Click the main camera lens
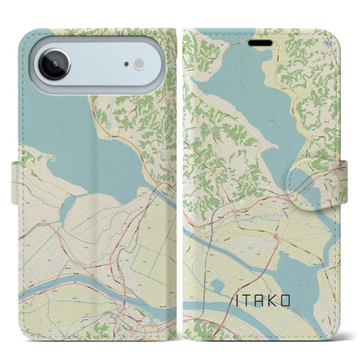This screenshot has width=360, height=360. click(53, 64)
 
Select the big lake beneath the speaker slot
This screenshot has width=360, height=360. click(242, 82)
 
